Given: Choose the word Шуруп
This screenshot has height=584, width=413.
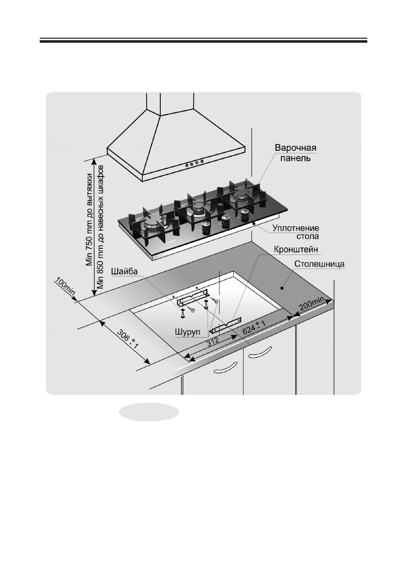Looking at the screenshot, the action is pos(188,332).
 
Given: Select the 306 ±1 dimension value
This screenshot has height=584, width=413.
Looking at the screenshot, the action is pos(128,341).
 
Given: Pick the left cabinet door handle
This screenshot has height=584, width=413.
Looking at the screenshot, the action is pos(225,370).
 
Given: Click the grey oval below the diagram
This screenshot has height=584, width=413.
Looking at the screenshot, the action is pos(149,411).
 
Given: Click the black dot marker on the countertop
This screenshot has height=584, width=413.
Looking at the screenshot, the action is pos(282,288).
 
